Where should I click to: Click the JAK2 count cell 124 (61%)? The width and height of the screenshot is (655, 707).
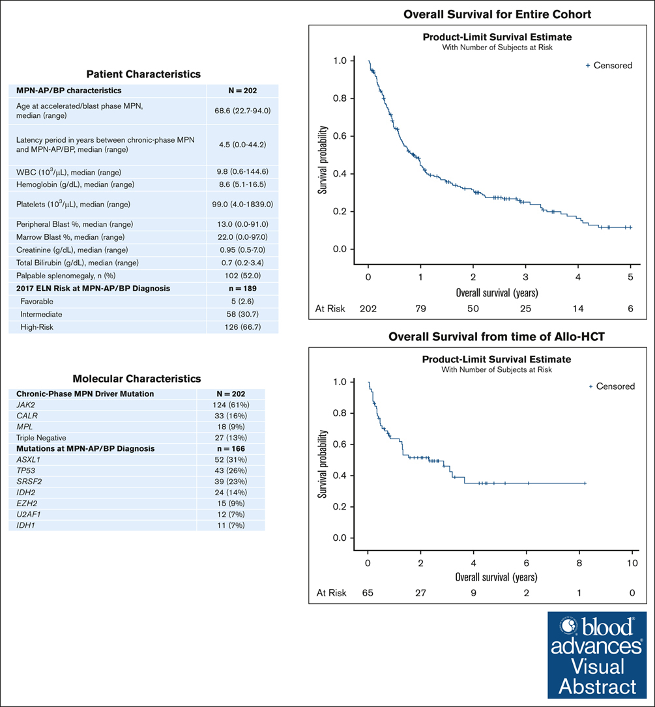pyautogui.click(x=231, y=405)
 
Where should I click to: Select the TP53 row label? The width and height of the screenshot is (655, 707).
pyautogui.click(x=25, y=470)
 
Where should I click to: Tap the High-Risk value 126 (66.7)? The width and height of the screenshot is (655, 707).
pyautogui.click(x=242, y=327)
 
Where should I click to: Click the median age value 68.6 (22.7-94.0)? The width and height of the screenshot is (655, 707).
pyautogui.click(x=242, y=111)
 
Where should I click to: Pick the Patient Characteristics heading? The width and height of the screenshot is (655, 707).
pyautogui.click(x=143, y=74)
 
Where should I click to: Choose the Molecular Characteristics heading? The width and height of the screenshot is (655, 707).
pyautogui.click(x=137, y=379)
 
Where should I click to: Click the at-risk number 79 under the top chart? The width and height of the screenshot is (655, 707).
pyautogui.click(x=420, y=309)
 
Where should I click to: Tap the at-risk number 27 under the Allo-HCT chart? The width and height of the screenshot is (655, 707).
pyautogui.click(x=420, y=593)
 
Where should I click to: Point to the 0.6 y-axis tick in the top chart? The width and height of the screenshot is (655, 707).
pyautogui.click(x=340, y=136)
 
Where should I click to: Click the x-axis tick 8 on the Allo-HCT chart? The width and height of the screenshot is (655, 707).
pyautogui.click(x=579, y=563)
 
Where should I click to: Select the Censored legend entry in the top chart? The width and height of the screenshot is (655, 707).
pyautogui.click(x=609, y=65)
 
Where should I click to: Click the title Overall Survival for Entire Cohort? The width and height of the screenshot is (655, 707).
pyautogui.click(x=497, y=14)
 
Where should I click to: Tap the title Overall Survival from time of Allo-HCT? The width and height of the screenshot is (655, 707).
pyautogui.click(x=496, y=337)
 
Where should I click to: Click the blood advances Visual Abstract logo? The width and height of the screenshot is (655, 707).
pyautogui.click(x=597, y=655)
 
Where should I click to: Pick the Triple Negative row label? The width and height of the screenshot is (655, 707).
pyautogui.click(x=41, y=438)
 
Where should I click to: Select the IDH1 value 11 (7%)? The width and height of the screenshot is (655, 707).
pyautogui.click(x=231, y=525)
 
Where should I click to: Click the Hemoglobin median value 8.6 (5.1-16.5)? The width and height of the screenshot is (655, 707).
pyautogui.click(x=242, y=184)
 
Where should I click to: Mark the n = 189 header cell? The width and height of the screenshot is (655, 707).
pyautogui.click(x=242, y=289)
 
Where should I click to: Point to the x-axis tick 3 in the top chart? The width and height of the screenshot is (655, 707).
pyautogui.click(x=525, y=278)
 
